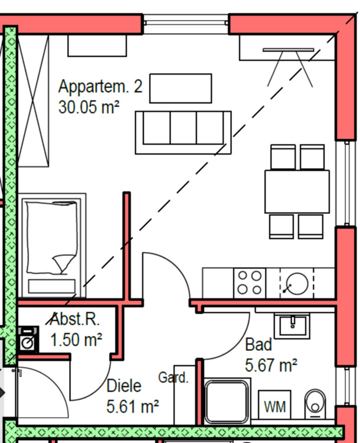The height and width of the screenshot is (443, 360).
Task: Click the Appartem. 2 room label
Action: click(x=100, y=87)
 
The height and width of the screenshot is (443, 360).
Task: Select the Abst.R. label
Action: click(x=75, y=320)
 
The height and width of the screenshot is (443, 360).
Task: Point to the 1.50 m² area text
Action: click(x=76, y=340)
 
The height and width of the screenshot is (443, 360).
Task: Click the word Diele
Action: click(x=124, y=386)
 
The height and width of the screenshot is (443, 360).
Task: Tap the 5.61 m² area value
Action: click(x=133, y=406)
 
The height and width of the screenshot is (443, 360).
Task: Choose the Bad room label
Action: click(x=258, y=344)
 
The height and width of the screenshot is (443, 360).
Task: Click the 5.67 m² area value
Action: click(x=270, y=366)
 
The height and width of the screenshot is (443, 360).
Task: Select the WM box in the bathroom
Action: click(x=274, y=406)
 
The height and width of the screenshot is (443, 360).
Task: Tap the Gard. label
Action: click(x=174, y=377)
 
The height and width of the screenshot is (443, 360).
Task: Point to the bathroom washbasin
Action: click(x=291, y=324)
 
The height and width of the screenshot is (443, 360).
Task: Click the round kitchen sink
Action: click(x=296, y=284)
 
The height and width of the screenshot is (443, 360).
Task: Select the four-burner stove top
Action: click(x=249, y=283)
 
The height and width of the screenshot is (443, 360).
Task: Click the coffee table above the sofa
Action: click(x=181, y=88)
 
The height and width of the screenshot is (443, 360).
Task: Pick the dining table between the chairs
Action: click(x=297, y=191)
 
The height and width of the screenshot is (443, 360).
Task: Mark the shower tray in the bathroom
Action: click(x=227, y=402)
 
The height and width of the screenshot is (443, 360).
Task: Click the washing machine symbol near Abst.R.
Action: click(x=28, y=341)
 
